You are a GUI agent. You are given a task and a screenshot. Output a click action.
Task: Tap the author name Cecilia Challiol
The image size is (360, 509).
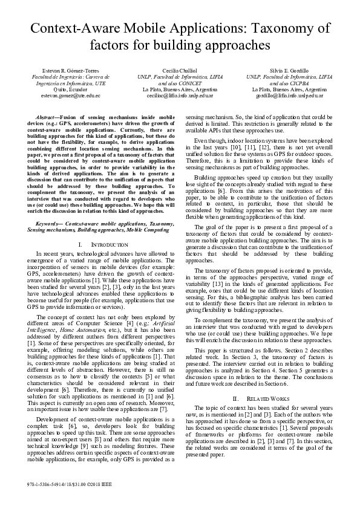click(x=180, y=71)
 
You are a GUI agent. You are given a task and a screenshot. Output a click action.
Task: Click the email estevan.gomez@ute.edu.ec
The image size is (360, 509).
click(x=62, y=96)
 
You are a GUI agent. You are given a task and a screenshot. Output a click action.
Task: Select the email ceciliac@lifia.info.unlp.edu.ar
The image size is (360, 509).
click(x=180, y=96)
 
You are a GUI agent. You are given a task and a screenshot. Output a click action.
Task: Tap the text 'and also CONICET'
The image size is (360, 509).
click(x=180, y=83)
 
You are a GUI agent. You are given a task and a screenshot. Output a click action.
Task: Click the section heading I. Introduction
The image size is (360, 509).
click(x=98, y=244)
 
